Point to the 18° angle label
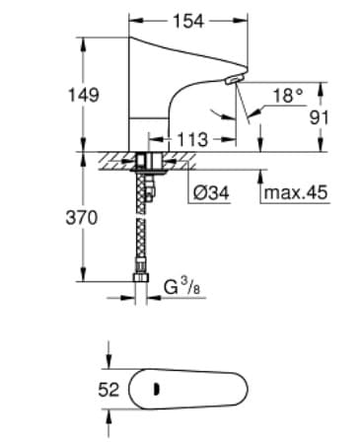click(287, 95)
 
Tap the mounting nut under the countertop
click(150, 160)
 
